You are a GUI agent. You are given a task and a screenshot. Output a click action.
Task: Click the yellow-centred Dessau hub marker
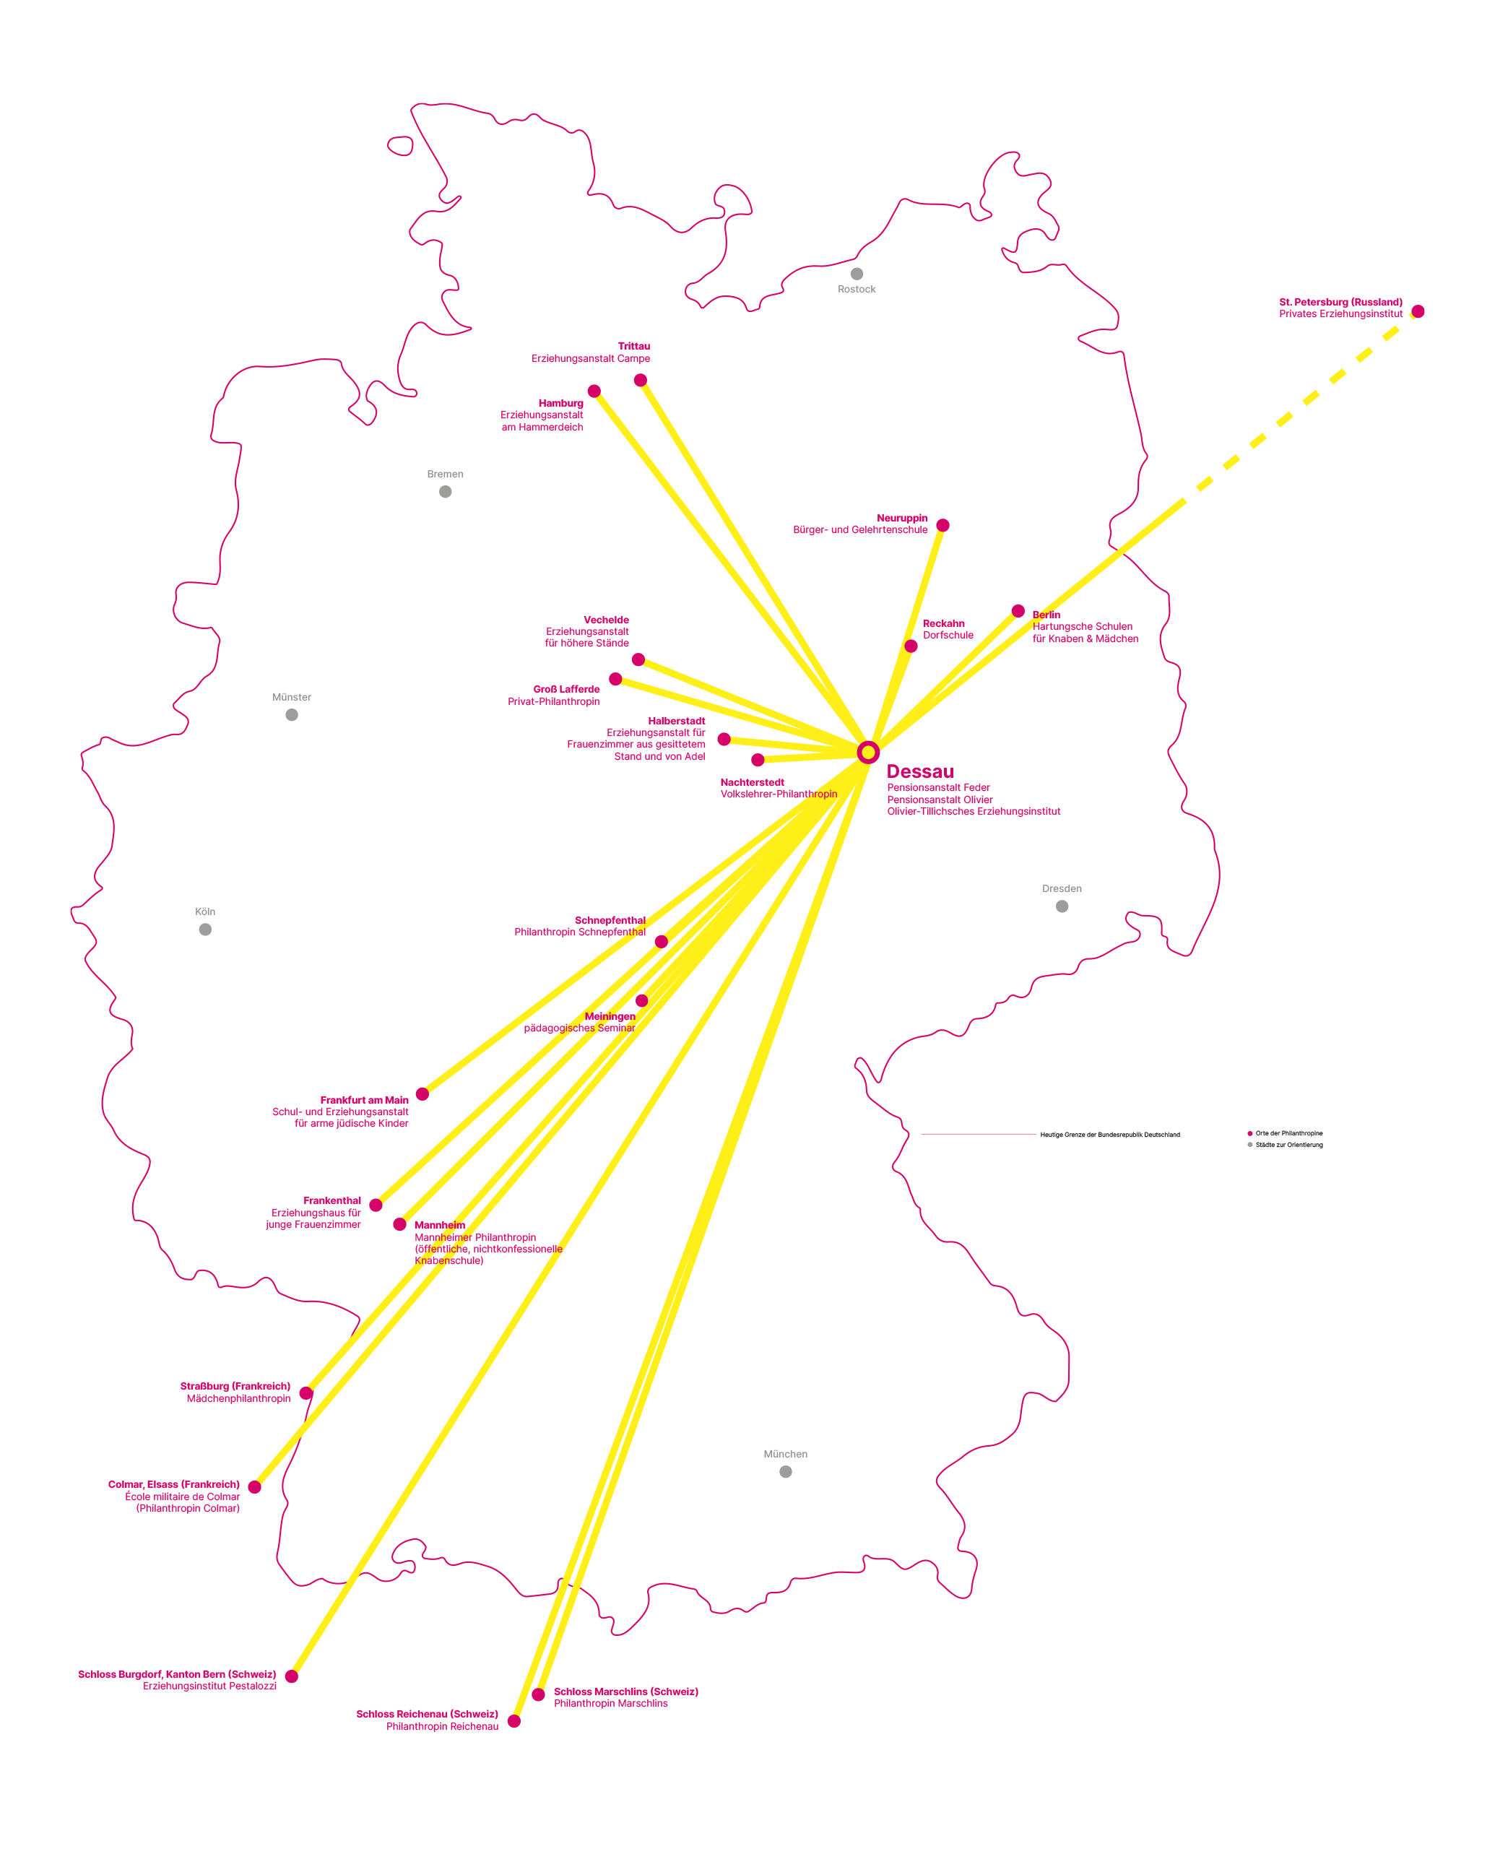tap(868, 752)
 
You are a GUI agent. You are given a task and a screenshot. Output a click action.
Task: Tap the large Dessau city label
tap(920, 771)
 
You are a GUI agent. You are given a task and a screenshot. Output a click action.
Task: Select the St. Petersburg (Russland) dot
tap(1418, 312)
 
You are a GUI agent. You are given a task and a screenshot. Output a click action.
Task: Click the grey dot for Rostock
tap(857, 274)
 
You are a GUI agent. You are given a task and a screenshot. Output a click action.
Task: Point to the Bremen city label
tap(445, 474)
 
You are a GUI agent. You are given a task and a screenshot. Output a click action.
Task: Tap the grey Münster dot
tap(292, 714)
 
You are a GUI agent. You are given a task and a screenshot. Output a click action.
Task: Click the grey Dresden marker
tap(1062, 906)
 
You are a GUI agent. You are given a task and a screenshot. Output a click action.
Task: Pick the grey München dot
tap(786, 1471)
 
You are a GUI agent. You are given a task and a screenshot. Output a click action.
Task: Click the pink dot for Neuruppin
tap(943, 526)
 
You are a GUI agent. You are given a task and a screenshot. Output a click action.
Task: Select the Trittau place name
tap(634, 347)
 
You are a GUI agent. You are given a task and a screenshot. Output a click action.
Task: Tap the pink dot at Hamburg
tap(594, 391)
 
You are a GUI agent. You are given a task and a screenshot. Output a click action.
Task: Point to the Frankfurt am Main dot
tap(422, 1093)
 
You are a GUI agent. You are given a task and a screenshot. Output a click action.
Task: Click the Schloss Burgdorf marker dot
tap(292, 1676)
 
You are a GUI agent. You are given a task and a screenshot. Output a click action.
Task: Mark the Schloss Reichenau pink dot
tap(514, 1720)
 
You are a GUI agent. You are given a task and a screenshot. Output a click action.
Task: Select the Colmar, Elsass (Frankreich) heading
tap(174, 1484)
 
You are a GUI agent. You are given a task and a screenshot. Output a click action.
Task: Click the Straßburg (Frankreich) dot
tap(305, 1393)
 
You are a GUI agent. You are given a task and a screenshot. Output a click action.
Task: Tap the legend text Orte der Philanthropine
tap(1289, 1133)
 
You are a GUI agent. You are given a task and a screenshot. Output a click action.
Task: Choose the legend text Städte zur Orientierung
tap(1289, 1145)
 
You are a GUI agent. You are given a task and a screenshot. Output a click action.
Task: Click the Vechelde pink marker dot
tap(638, 660)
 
